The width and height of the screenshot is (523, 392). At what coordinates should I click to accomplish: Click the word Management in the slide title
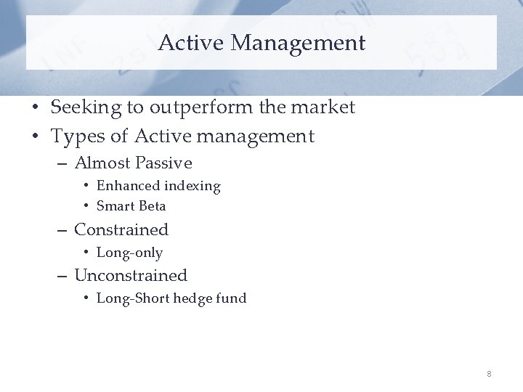tap(298, 43)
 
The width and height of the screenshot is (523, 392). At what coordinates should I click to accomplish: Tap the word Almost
tap(101, 163)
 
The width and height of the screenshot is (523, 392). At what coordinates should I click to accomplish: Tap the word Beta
tap(152, 206)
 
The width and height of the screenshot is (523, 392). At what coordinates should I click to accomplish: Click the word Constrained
tap(121, 230)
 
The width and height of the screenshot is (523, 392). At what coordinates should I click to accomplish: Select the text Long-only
tap(129, 253)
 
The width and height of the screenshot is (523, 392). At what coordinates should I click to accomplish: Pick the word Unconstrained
tap(131, 276)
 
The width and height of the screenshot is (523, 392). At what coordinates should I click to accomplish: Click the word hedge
tap(194, 298)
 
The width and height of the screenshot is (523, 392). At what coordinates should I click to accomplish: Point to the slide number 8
tap(489, 374)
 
